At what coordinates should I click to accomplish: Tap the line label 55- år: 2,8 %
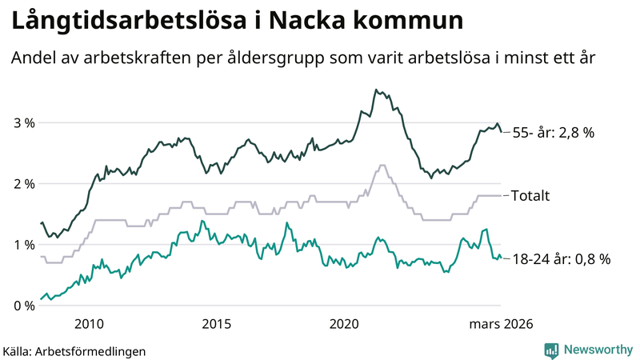[x=553, y=134]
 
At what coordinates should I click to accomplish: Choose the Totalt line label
[x=530, y=195]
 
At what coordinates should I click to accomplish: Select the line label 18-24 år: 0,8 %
[x=561, y=258]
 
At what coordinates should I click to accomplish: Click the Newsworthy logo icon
[x=551, y=350]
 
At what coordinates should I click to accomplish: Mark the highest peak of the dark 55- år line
[x=376, y=90]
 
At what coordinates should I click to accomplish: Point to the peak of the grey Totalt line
[x=382, y=166]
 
